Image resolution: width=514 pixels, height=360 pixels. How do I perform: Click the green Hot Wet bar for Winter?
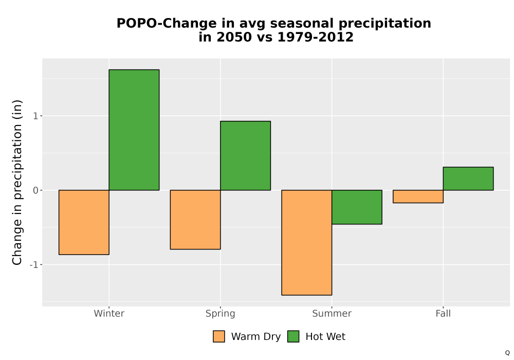point(134,130)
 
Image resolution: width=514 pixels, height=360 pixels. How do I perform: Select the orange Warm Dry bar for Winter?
point(84,222)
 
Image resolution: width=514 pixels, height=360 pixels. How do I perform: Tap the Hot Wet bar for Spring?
point(246,156)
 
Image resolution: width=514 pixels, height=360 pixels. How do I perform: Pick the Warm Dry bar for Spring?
point(195,220)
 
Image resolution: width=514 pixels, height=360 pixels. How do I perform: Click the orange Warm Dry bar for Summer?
point(307,243)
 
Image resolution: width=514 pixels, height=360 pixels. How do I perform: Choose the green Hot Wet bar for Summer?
point(357,207)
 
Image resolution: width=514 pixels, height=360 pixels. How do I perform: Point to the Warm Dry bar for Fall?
point(418,196)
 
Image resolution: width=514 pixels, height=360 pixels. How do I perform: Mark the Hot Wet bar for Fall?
point(468,178)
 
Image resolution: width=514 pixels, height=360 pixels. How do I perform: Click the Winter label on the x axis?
point(109,313)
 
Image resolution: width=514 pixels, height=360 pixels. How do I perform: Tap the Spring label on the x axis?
point(221,314)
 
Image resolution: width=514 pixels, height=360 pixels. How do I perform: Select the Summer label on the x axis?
point(332,313)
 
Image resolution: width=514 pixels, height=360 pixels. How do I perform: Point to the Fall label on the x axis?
point(443,313)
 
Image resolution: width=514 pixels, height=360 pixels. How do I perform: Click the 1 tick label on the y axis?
point(36,116)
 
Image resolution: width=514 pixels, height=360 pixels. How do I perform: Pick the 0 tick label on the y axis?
point(36,190)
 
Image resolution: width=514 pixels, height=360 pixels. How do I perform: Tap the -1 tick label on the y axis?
point(34,264)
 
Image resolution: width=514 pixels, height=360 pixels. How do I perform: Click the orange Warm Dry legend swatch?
point(219,336)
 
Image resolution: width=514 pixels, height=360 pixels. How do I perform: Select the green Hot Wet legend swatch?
point(293,336)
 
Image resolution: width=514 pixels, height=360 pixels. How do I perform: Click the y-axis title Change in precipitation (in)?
point(17,182)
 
